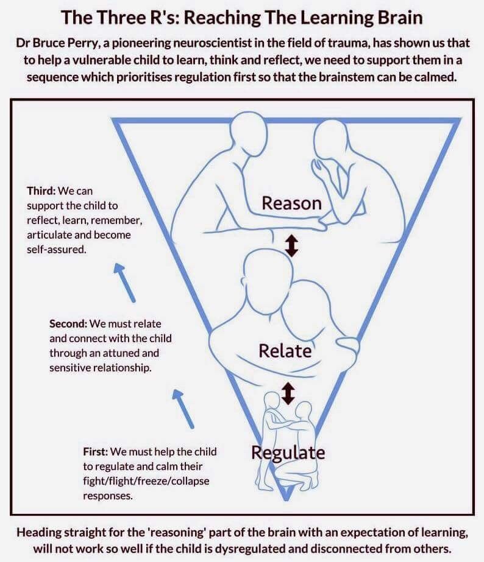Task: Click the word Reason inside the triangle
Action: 292,203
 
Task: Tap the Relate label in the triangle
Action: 285,351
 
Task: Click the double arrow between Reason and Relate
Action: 292,245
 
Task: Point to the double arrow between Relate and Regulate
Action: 288,393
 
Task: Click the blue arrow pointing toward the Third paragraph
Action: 124,283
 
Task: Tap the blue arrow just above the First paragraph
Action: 183,409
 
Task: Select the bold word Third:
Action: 41,191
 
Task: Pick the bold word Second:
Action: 68,324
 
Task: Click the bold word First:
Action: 96,452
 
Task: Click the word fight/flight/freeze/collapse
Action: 146,481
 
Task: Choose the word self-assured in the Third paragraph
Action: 57,249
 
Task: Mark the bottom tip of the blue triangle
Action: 286,499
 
